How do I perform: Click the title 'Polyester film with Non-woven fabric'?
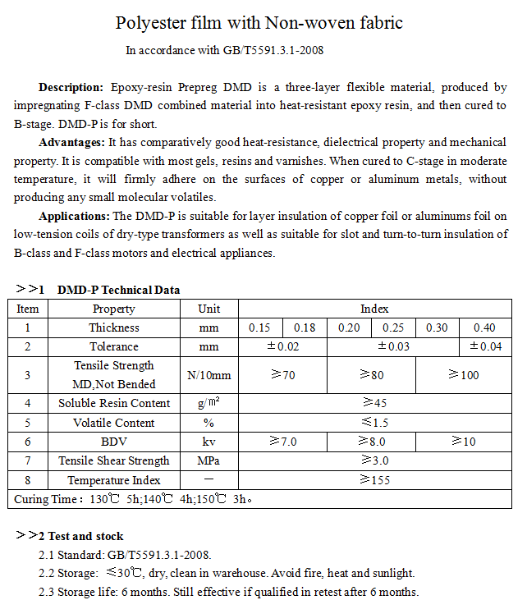tap(259, 23)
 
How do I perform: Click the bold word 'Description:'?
tap(71, 87)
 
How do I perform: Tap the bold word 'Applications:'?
tap(74, 216)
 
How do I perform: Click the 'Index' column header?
tap(374, 309)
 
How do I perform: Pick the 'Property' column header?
tap(113, 309)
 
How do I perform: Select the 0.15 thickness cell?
tap(259, 328)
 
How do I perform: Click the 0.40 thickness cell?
tap(484, 328)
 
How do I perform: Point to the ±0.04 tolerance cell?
tap(485, 347)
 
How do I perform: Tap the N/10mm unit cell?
tap(209, 375)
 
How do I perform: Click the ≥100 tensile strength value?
tap(464, 375)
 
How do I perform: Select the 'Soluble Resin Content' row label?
tap(114, 403)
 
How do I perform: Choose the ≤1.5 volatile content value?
tap(374, 423)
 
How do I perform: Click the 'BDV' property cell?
tap(114, 442)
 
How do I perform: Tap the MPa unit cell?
tap(209, 460)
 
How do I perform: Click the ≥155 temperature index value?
tap(374, 480)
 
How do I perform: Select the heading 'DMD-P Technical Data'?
tap(118, 290)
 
